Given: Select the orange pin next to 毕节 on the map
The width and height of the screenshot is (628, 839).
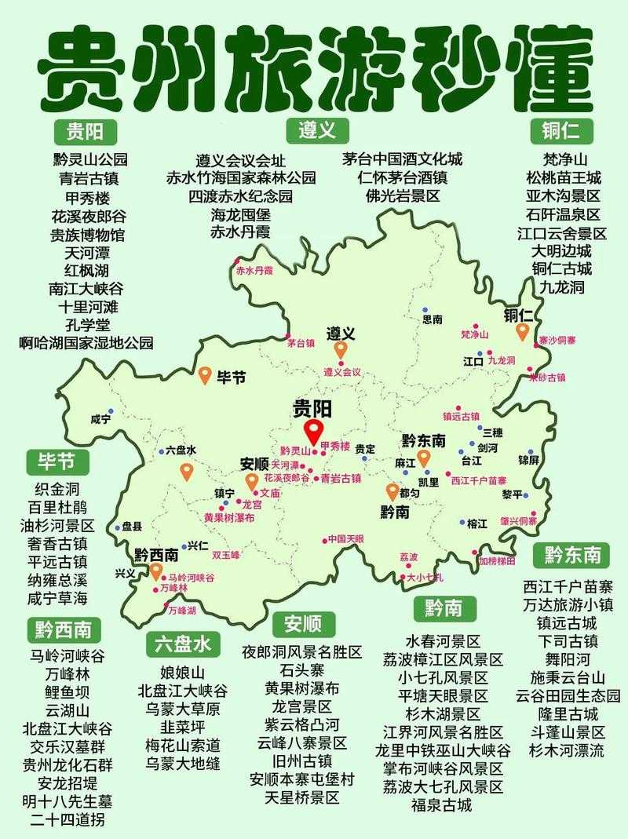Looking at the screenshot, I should pyautogui.click(x=204, y=376).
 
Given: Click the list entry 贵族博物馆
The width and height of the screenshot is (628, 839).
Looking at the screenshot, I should pyautogui.click(x=88, y=235).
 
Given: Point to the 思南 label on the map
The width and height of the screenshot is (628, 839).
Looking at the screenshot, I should pyautogui.click(x=433, y=319).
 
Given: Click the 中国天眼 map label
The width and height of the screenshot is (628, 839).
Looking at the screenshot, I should pyautogui.click(x=346, y=539).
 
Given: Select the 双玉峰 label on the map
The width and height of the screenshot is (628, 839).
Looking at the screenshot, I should pyautogui.click(x=225, y=554).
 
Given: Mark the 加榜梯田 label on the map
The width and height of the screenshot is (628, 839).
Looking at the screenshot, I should pyautogui.click(x=497, y=560).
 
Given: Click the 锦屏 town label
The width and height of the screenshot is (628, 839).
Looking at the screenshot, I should pyautogui.click(x=528, y=459).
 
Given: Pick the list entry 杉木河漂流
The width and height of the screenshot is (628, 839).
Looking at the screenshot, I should pyautogui.click(x=566, y=750).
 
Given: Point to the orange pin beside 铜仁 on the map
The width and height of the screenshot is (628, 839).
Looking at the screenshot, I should pyautogui.click(x=522, y=333).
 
